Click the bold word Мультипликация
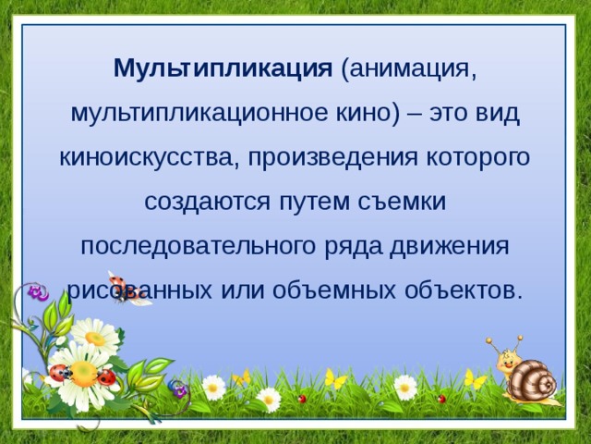pyautogui.click(x=223, y=69)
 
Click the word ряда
pyautogui.click(x=348, y=246)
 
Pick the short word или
pyautogui.click(x=244, y=290)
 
